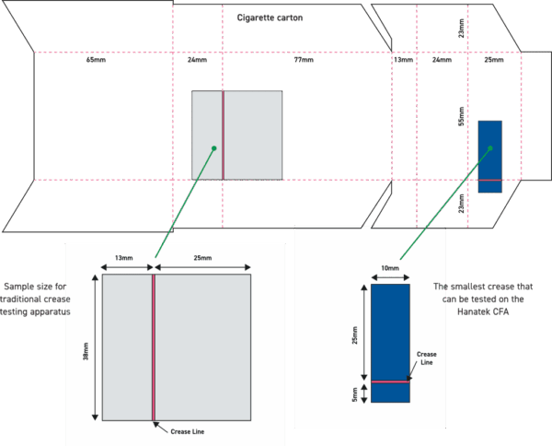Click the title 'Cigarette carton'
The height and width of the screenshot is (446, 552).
[270, 18]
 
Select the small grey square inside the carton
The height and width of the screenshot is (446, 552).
[253, 134]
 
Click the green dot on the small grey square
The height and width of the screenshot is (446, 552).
[213, 147]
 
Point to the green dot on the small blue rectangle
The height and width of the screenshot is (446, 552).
[491, 148]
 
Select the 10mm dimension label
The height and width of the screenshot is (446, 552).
[390, 268]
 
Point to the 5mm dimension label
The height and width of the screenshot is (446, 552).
[357, 393]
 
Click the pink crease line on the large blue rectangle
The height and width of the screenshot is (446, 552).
[390, 381]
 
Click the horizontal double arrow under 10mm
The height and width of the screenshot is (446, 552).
[390, 277]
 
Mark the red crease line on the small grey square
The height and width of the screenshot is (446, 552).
[223, 134]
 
